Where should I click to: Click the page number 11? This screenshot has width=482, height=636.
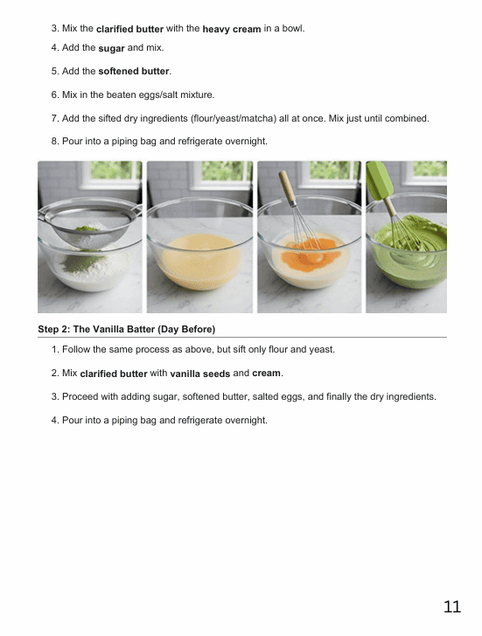[452, 606]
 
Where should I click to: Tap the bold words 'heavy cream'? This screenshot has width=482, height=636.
[232, 29]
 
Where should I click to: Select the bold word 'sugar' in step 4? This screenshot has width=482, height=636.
[111, 48]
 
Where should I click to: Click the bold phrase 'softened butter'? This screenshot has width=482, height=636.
[134, 71]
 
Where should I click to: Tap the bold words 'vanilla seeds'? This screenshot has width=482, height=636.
[200, 374]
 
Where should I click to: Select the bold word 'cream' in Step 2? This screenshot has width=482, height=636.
[266, 373]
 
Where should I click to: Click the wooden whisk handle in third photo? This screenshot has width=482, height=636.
[287, 188]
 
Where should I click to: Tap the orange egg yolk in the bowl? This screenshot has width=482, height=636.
[311, 255]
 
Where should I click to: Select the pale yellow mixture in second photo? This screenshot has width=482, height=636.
[199, 260]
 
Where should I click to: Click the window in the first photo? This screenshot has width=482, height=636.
[111, 173]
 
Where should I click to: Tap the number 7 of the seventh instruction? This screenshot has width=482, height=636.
[54, 118]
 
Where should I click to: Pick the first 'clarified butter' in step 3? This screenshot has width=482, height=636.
[129, 29]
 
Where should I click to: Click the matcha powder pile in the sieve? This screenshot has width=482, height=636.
[87, 228]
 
